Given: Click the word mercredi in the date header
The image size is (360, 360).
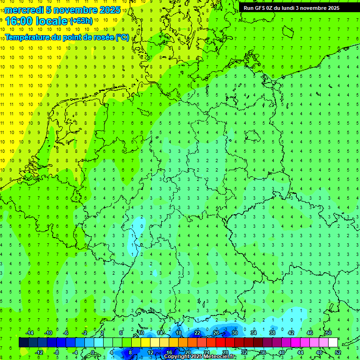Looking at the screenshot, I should coord(24,10).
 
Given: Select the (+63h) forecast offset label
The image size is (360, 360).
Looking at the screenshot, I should coord(81,21).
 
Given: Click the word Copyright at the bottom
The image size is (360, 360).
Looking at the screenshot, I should coord(177,357).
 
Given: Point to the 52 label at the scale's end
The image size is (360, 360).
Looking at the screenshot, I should coord(338,352).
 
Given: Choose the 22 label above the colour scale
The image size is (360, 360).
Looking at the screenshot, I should coord(197,333).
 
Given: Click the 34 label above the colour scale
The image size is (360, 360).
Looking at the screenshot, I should coord(254,333).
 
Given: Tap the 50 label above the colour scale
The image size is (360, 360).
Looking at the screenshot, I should coord(329,333).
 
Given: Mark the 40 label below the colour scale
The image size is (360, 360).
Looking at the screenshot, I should coord(282,352).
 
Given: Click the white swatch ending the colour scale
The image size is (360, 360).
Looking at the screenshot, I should coord(333,342).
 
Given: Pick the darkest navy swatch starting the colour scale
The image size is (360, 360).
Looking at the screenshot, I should coord(23,342).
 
